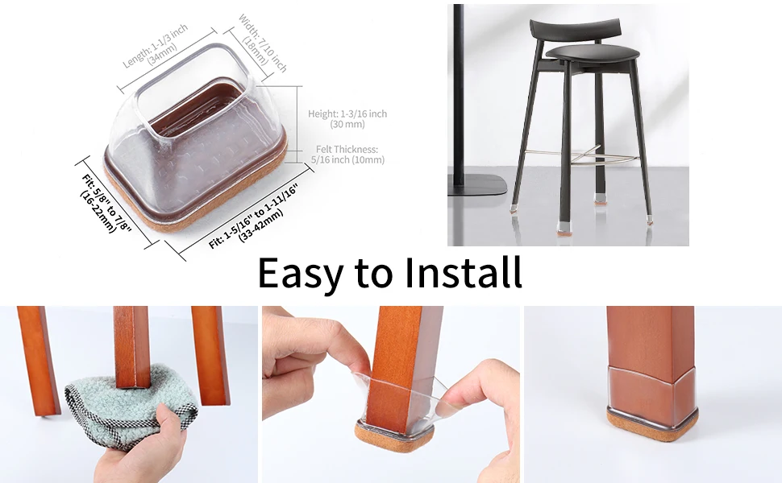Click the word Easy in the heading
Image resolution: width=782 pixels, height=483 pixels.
[301, 274]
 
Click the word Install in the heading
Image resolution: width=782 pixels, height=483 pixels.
[463, 272]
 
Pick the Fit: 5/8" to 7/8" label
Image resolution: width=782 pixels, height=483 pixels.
[106, 203]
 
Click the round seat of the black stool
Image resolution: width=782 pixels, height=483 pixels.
[593, 52]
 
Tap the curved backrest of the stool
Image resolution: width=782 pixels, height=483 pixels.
[575, 30]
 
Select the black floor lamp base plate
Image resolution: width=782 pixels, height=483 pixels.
[477, 185]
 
